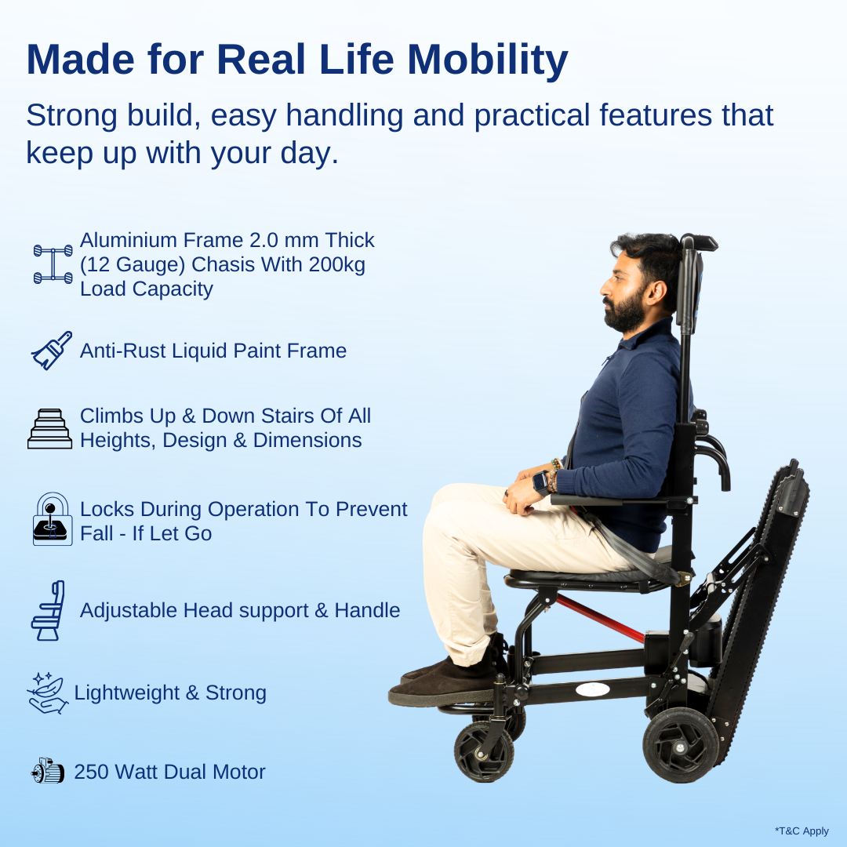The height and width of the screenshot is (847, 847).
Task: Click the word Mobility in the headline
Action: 487,59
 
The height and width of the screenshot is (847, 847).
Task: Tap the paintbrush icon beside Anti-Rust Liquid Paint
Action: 51,351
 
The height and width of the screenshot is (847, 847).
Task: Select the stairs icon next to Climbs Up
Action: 49,428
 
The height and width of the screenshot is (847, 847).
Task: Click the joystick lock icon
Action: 52,519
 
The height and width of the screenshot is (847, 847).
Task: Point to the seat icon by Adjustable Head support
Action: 48,611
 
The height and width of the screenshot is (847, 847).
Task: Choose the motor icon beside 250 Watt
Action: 48,772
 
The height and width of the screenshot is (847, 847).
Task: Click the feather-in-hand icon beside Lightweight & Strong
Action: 48,693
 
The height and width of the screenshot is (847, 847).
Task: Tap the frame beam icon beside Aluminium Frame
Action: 53,264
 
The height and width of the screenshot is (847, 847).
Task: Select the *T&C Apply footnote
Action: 801,831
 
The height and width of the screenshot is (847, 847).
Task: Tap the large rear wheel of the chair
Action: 680,744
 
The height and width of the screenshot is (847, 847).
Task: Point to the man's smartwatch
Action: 540,482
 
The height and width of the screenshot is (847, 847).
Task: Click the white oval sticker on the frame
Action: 593,689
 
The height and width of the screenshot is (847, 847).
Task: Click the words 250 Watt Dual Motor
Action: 169,772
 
